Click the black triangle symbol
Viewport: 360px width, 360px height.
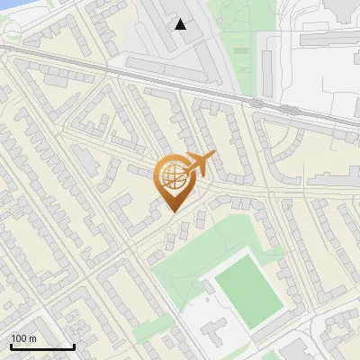point(181,24)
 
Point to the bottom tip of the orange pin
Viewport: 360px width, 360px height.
point(171,211)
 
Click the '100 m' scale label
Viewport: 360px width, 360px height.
point(23,338)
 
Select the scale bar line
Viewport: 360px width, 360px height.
point(42,346)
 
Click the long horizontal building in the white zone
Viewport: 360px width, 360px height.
point(329,40)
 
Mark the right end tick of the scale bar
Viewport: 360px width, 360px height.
point(74,345)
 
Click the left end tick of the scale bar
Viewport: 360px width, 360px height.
point(11,345)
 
